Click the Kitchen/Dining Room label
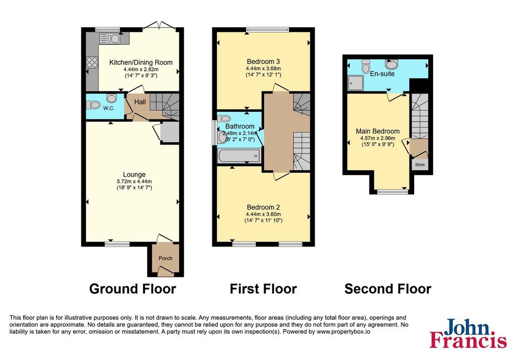pyautogui.click(x=141, y=62)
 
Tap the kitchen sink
pyautogui.click(x=109, y=39)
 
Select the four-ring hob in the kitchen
pyautogui.click(x=92, y=62)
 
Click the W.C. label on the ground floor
pyautogui.click(x=109, y=108)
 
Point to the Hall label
pyautogui.click(x=140, y=102)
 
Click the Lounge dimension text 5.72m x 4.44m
pyautogui.click(x=135, y=181)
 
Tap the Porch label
pyautogui.click(x=166, y=259)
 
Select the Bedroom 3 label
pyautogui.click(x=263, y=61)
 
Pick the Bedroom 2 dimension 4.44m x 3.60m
pyautogui.click(x=264, y=214)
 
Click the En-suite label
pyautogui.click(x=382, y=74)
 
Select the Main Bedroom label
pyautogui.click(x=377, y=131)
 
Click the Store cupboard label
pyautogui.click(x=420, y=165)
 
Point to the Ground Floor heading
pyautogui.click(x=133, y=289)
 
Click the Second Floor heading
pyautogui.click(x=388, y=289)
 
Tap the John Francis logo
pyautogui.click(x=468, y=333)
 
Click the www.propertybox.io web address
pyautogui.click(x=343, y=331)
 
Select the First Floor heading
pyautogui.click(x=263, y=289)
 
